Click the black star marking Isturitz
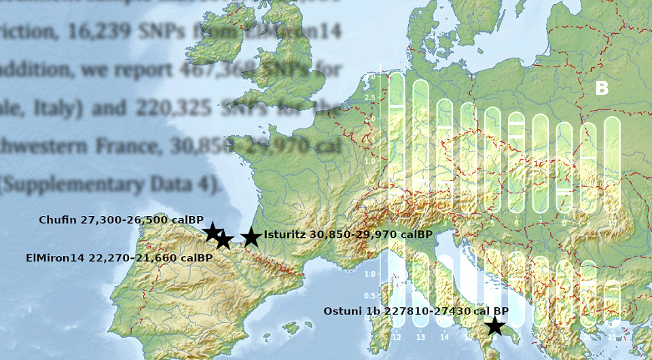(x=251, y=237)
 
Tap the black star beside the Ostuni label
(x=494, y=326)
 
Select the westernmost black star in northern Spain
(x=213, y=232)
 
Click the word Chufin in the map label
(x=58, y=220)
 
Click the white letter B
(x=602, y=89)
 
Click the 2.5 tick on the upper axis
(x=370, y=98)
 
